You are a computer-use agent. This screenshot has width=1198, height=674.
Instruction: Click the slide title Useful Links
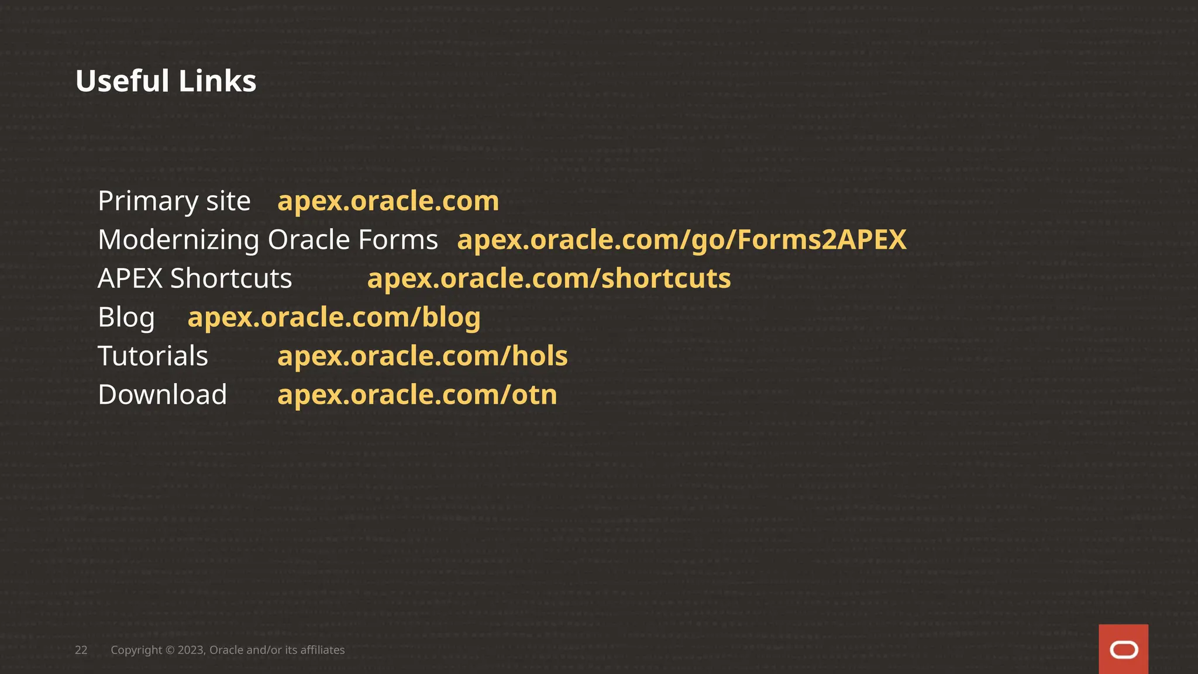(166, 81)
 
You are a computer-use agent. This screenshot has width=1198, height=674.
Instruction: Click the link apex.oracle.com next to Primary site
(388, 201)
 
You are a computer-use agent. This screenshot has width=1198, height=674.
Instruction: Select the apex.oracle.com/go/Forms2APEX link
(681, 240)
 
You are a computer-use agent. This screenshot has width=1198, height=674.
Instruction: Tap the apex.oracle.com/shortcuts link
(549, 278)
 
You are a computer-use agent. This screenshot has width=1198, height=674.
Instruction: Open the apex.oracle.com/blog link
(334, 317)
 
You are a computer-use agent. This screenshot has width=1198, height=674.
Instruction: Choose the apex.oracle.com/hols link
(422, 356)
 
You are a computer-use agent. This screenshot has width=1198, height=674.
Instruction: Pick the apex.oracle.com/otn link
(417, 394)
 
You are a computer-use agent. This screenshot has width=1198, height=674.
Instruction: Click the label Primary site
(174, 201)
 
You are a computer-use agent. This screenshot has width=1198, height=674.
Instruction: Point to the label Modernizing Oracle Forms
(268, 240)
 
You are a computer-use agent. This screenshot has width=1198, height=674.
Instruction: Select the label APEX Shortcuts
(195, 278)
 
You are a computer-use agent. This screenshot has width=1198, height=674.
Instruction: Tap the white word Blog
(126, 317)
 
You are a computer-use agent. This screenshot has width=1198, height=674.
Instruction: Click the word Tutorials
(153, 356)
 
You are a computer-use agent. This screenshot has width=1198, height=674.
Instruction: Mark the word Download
(163, 394)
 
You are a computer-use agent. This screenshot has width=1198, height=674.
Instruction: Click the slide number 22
(81, 650)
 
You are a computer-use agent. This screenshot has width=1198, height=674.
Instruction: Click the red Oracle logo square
(1123, 649)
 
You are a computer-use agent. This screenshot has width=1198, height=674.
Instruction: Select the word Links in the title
(218, 81)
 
